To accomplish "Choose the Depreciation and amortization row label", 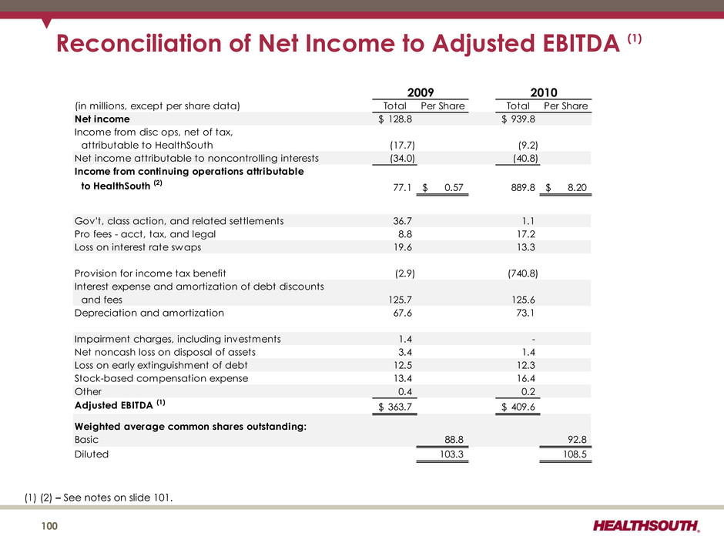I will coord(149,313).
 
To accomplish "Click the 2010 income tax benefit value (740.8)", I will coord(518,273).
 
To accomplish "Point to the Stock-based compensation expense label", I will coord(161,378).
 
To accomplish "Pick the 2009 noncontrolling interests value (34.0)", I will coord(403,158).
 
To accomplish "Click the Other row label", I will coord(87,391).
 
